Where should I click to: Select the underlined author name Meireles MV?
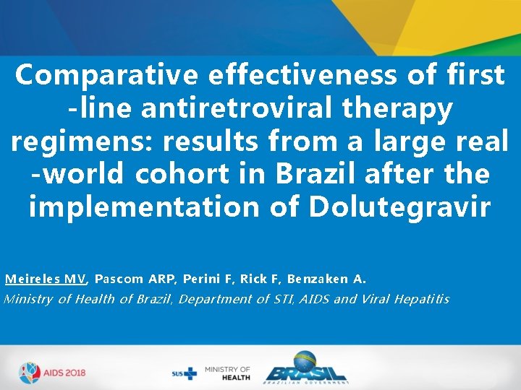(45, 279)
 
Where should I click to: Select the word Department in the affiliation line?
(211, 299)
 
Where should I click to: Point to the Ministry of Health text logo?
(227, 373)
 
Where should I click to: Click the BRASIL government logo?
(305, 369)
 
